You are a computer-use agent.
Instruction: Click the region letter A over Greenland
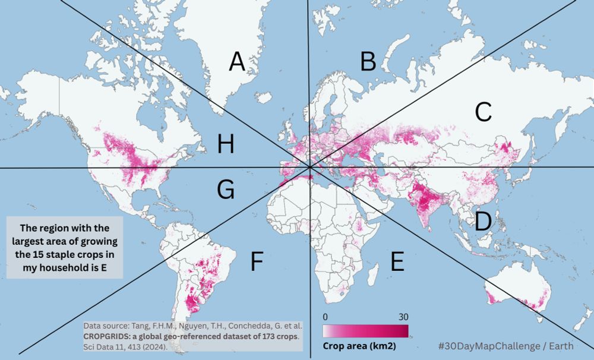[x=237, y=62]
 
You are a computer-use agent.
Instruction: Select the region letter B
[x=368, y=61]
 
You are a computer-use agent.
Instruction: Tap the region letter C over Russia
[x=484, y=112]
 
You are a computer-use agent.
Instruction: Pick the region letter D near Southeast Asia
[x=483, y=222]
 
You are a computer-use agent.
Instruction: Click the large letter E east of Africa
[x=397, y=262]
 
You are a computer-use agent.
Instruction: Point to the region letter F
[x=256, y=262]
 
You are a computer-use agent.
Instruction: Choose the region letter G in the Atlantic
[x=225, y=190]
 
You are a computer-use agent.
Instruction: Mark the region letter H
[x=226, y=144]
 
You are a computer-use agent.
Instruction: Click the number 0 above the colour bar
[x=326, y=317]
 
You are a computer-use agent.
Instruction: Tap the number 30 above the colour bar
[x=403, y=317]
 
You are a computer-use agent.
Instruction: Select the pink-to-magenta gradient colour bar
[x=365, y=330]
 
